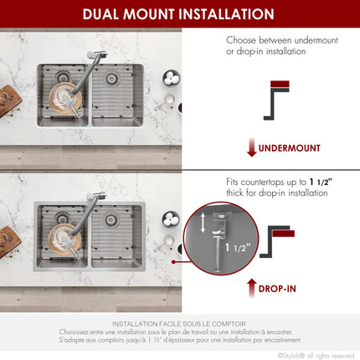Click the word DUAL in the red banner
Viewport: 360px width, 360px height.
(107, 14)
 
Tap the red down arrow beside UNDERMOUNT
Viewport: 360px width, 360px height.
(250, 148)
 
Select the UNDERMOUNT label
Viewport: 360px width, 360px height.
(289, 148)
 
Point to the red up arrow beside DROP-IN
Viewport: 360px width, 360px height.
(250, 289)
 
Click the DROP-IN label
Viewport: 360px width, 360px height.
(276, 289)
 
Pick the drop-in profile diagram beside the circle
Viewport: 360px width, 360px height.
(280, 237)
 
